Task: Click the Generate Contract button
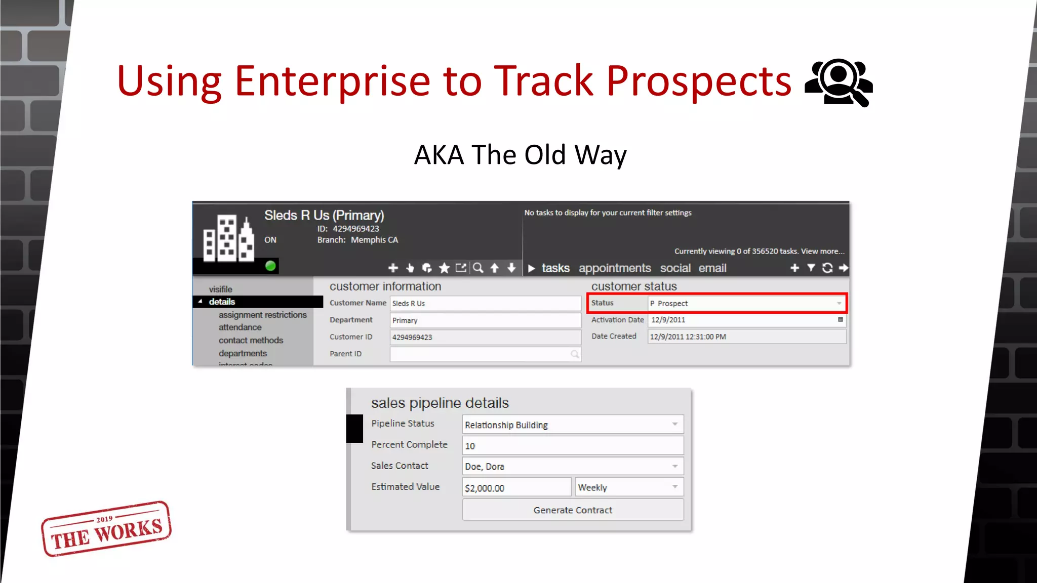point(573,510)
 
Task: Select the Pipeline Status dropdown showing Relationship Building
point(573,424)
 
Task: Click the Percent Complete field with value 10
point(573,445)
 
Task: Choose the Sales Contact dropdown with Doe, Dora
point(573,466)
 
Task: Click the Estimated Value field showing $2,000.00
point(516,487)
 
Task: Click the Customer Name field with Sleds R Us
point(485,303)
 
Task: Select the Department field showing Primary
point(485,320)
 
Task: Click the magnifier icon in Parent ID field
point(575,354)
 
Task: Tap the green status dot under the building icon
point(270,266)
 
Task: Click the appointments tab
point(615,268)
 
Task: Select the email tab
point(712,268)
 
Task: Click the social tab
point(675,268)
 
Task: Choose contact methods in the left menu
point(251,340)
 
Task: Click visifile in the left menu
point(220,289)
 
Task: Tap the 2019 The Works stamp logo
point(106,529)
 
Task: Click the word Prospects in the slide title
point(699,81)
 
